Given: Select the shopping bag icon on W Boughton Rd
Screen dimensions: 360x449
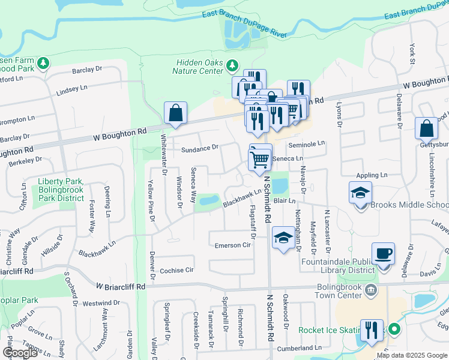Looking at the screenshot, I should point(175,113).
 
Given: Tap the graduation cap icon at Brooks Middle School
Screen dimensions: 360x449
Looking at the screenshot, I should point(361,193).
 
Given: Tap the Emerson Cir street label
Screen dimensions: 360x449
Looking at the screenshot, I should point(232,245).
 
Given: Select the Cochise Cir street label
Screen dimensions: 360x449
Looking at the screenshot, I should point(177,271).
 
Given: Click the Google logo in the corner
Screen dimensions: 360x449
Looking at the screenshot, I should point(19,353).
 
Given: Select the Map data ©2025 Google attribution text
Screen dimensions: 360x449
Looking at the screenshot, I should point(412,355).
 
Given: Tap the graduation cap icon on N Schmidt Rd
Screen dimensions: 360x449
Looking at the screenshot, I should point(283,238).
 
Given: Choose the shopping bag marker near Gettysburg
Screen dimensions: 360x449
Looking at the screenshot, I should point(426,128).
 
